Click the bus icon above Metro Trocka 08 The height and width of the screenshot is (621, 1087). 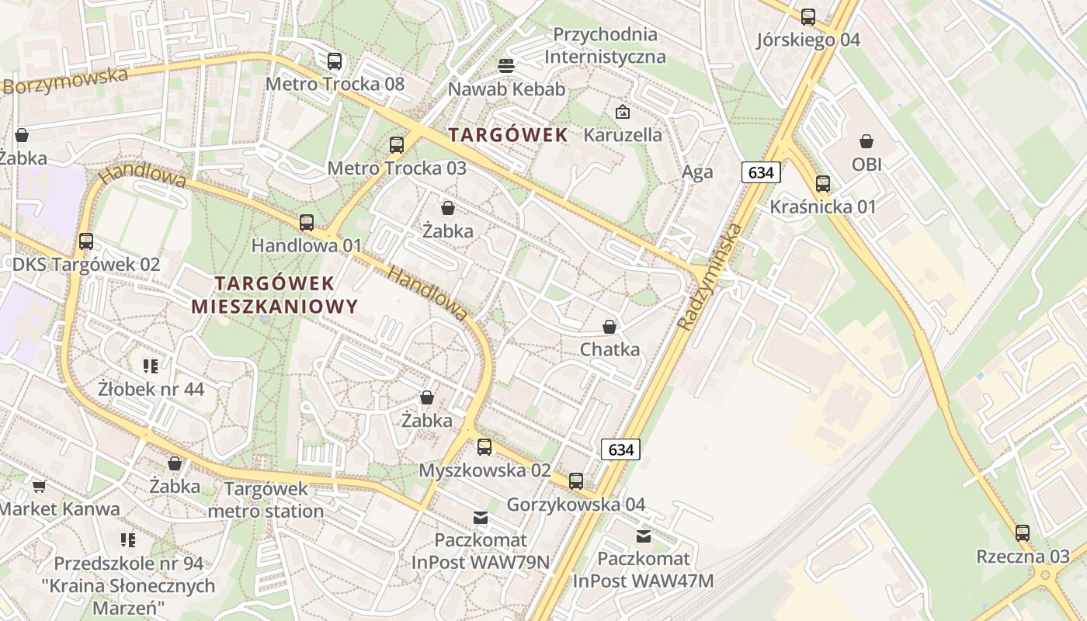pyautogui.click(x=335, y=61)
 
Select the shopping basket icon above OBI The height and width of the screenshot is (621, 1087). pyautogui.click(x=866, y=141)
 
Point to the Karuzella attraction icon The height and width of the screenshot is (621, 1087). pyautogui.click(x=622, y=113)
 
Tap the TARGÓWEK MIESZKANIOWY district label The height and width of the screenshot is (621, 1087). pyautogui.click(x=275, y=294)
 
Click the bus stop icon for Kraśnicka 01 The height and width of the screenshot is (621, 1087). pyautogui.click(x=823, y=184)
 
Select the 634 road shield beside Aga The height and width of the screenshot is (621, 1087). pyautogui.click(x=760, y=172)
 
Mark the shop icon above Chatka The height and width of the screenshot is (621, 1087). pyautogui.click(x=609, y=327)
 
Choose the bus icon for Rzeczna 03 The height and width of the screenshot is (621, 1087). pyautogui.click(x=1023, y=533)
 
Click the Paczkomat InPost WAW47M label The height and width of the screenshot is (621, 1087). pyautogui.click(x=643, y=569)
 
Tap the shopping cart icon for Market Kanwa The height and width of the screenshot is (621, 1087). pyautogui.click(x=39, y=487)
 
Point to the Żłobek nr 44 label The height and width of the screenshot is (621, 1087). pyautogui.click(x=151, y=388)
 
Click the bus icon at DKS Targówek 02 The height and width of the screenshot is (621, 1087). pyautogui.click(x=86, y=241)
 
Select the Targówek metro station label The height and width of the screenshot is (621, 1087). pyautogui.click(x=266, y=500)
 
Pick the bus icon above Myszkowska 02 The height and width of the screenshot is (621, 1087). pyautogui.click(x=484, y=447)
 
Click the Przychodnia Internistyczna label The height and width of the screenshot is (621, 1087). pyautogui.click(x=605, y=46)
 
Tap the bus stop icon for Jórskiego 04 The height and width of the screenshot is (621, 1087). pyautogui.click(x=808, y=17)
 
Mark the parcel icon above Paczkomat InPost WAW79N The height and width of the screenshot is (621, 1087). pyautogui.click(x=481, y=517)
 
